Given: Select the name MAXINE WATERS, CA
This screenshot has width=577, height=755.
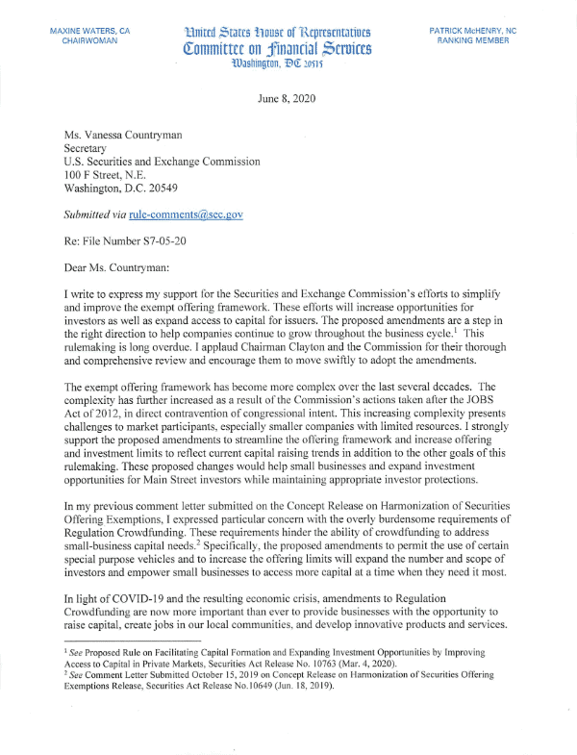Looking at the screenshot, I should [89, 32].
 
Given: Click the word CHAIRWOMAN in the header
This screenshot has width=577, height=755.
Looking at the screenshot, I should [89, 42].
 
